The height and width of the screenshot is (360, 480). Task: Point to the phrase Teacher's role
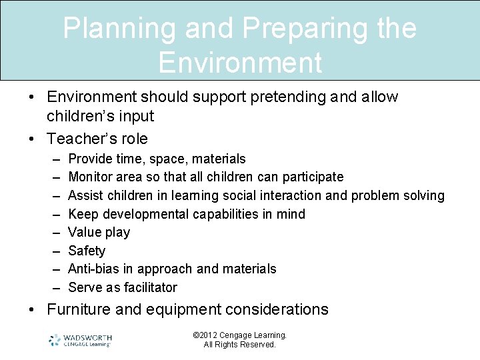coord(97,139)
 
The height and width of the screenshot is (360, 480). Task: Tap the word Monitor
coord(91,177)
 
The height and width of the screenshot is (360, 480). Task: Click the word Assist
coord(85,195)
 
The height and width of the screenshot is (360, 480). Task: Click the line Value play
coord(99,232)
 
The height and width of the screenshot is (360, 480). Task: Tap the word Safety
coord(87,251)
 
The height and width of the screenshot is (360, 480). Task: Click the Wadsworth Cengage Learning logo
coord(80,340)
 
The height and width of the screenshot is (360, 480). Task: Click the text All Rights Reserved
coord(239,345)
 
